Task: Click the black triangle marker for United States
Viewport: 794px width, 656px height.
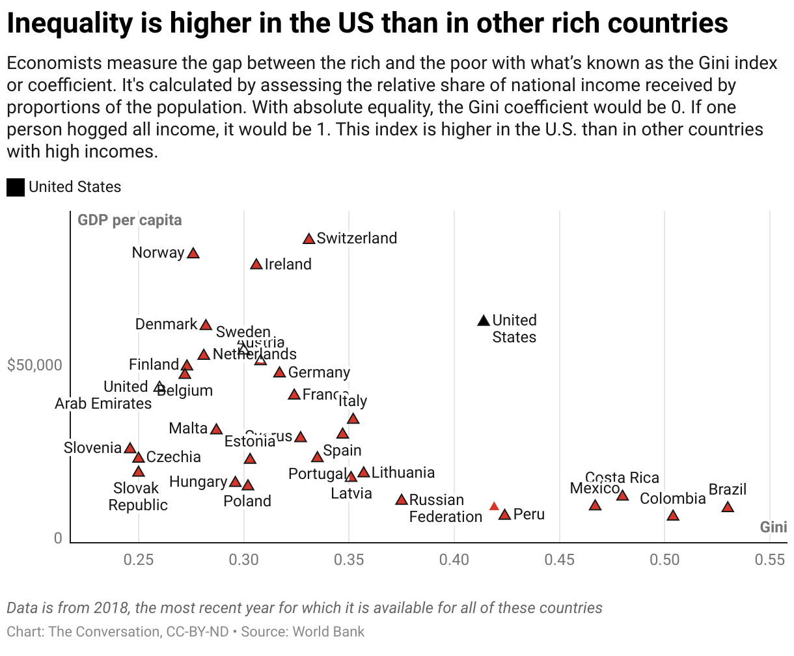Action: [x=483, y=320]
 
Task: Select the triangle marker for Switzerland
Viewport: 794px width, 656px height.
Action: [x=308, y=239]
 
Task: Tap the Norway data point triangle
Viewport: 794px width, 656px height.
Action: [x=193, y=253]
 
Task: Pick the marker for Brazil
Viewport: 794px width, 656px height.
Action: [x=728, y=507]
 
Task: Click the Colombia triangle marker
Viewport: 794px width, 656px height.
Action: [x=673, y=515]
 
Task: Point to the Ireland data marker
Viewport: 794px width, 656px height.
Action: [x=256, y=264]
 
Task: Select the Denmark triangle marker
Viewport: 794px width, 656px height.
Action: [x=206, y=325]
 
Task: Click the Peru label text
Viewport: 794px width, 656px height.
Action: [x=528, y=514]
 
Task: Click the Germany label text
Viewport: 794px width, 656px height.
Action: [x=319, y=372]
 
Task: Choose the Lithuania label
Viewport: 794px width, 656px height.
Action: [x=403, y=472]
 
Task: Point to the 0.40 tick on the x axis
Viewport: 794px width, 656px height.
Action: [x=454, y=559]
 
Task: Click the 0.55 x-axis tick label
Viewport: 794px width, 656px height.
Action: [x=769, y=559]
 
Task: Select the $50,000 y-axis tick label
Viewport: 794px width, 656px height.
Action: [x=35, y=364]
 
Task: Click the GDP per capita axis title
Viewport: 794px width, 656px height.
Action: [x=130, y=220]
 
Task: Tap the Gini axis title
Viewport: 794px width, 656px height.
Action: [x=773, y=527]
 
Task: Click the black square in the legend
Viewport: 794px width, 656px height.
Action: [x=16, y=187]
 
